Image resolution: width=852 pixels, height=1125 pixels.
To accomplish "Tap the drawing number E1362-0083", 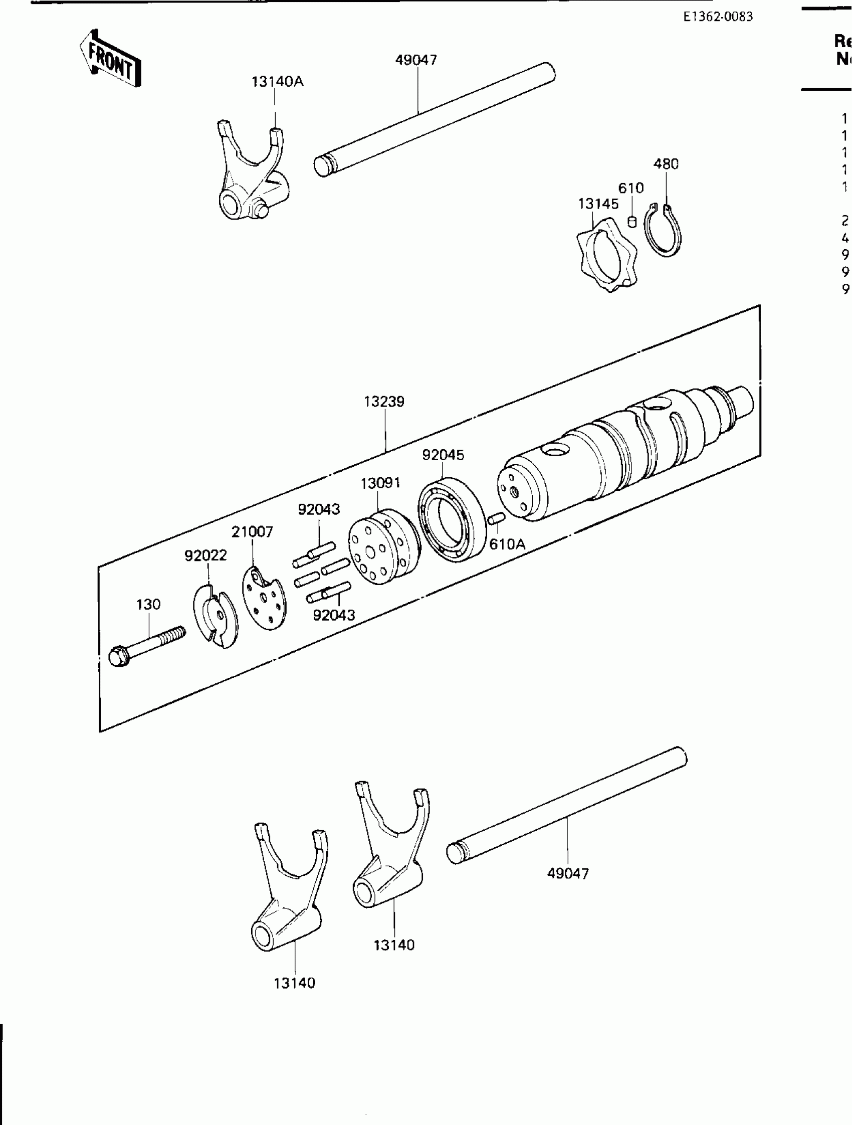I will point(717,17).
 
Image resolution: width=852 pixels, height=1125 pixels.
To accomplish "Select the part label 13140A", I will point(277,82).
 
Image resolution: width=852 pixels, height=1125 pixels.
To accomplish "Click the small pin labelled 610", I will point(632,221).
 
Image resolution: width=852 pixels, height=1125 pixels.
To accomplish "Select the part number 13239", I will point(384,402).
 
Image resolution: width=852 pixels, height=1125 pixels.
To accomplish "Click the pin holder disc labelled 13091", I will point(383,546).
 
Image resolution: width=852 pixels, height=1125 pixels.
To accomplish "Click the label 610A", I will point(507,544).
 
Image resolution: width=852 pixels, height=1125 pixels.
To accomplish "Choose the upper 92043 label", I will point(319,509).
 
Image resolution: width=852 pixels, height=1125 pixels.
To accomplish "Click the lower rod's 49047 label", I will point(568,874).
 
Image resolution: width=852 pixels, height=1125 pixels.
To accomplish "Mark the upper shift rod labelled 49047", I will point(435,120).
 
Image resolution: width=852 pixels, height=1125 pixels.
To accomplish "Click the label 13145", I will point(598,204).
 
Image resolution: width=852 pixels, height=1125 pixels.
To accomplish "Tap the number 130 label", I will point(148,604).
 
